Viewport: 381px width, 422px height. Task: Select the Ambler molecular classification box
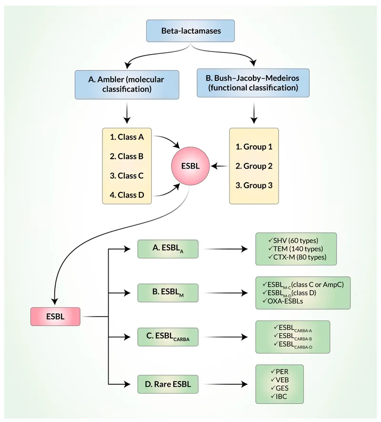point(127,84)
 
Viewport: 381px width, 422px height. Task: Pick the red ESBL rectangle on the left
point(55,316)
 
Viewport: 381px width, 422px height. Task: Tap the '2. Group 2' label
point(254,166)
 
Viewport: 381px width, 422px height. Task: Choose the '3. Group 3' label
point(254,185)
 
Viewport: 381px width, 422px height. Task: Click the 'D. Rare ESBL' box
point(168,384)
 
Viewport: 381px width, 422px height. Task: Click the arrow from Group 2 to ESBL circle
point(219,166)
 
